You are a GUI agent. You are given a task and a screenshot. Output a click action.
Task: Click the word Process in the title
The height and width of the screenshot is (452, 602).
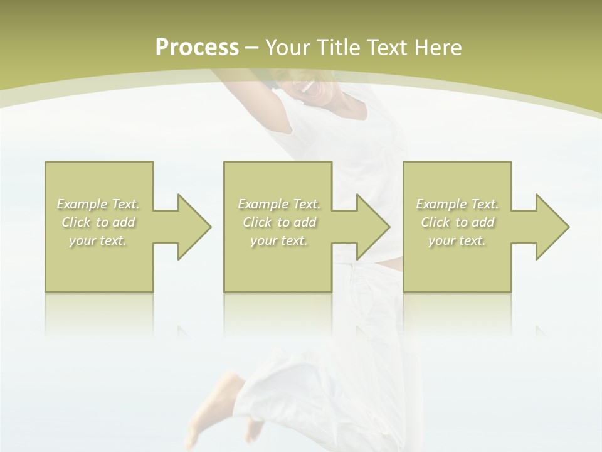tap(197, 48)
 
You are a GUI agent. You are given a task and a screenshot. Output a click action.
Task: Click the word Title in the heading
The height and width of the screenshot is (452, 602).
tap(338, 48)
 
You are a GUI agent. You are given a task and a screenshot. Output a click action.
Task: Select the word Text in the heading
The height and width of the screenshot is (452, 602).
tap(387, 48)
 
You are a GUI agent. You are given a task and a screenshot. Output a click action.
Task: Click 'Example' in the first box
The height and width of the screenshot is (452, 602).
tap(82, 204)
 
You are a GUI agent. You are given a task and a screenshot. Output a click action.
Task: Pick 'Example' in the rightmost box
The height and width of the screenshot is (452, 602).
tap(441, 204)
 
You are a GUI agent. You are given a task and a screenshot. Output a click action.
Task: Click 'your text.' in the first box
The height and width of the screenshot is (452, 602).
tap(98, 240)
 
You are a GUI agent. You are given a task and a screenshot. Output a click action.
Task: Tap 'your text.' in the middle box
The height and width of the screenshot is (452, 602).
tap(279, 240)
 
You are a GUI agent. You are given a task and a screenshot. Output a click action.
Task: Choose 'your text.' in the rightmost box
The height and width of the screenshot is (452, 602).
tap(457, 240)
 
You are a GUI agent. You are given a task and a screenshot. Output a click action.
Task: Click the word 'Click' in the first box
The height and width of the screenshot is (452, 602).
tap(76, 222)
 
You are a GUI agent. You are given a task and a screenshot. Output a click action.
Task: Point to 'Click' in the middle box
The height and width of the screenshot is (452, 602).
tap(257, 222)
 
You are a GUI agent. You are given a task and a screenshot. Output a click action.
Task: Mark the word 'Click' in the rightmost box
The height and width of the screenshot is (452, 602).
tap(435, 222)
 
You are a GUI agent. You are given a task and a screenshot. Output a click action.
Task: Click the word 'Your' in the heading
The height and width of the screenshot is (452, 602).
tap(286, 48)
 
